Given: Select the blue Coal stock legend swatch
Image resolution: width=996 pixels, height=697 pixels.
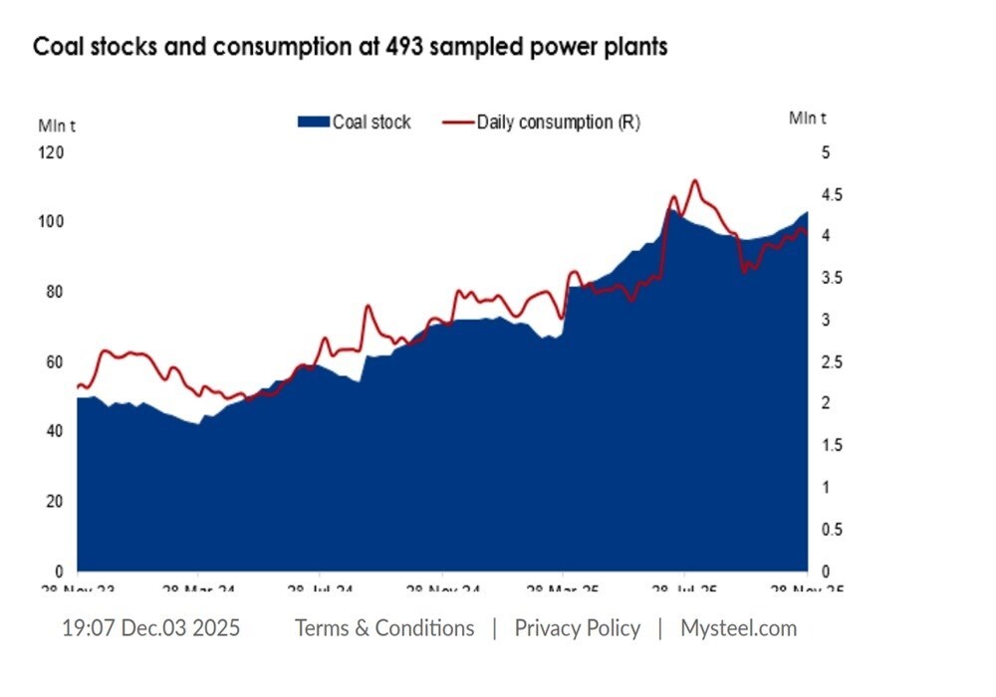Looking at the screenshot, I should tap(313, 122).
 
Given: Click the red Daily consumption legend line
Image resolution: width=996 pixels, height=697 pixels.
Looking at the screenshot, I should tap(457, 122).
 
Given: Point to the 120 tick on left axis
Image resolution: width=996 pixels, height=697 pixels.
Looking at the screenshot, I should tap(51, 152).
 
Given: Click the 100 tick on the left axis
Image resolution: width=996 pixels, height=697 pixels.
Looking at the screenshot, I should tap(51, 222).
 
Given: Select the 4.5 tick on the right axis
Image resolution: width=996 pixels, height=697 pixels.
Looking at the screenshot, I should tap(832, 195).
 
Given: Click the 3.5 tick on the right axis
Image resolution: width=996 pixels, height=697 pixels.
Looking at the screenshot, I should tap(832, 279).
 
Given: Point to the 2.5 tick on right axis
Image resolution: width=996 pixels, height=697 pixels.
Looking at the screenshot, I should tap(832, 362).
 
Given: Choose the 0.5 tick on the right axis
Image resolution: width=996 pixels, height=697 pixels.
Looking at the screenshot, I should tap(832, 530).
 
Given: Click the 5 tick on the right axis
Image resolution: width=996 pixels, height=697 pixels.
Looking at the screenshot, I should tap(825, 152).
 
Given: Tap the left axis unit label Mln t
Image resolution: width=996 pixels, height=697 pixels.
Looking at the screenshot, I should tap(57, 125).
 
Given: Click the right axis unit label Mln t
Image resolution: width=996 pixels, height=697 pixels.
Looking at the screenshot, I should tap(808, 118).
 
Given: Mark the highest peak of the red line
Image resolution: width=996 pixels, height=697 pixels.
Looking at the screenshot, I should tap(694, 181).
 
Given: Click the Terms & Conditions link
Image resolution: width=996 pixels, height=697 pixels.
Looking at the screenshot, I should tap(384, 628).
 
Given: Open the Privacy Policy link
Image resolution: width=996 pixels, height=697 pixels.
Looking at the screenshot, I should tap(577, 628).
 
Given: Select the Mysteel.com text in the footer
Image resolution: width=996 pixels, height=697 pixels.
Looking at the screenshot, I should tap(738, 628).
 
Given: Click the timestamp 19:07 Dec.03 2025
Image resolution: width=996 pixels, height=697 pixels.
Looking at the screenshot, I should tap(150, 628).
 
